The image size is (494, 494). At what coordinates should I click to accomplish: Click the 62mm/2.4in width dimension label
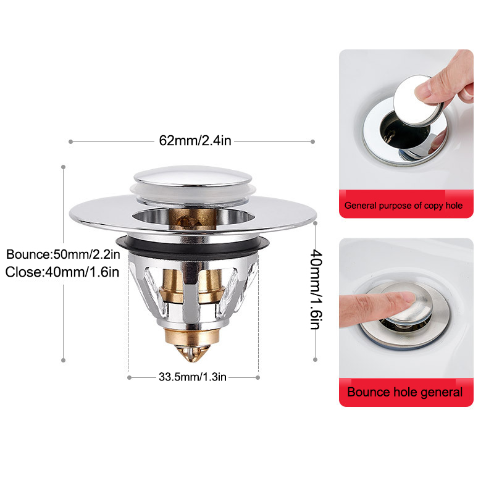click(195, 141)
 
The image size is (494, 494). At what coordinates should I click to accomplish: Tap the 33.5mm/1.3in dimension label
click(193, 377)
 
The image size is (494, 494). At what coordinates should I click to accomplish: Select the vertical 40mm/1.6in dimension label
click(316, 289)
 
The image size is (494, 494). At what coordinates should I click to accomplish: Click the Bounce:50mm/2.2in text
click(63, 254)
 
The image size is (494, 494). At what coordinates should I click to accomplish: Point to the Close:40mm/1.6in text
click(62, 272)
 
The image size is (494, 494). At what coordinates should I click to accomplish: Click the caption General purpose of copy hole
click(403, 206)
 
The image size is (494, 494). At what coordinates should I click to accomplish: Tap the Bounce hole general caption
click(404, 392)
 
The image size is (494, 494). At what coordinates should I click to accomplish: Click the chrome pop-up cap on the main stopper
click(193, 176)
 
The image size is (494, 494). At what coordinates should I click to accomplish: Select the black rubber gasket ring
click(193, 244)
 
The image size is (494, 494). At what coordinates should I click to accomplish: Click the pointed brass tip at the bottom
click(192, 353)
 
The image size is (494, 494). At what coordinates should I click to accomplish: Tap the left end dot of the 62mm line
click(70, 142)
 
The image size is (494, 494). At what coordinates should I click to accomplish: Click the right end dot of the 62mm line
click(312, 142)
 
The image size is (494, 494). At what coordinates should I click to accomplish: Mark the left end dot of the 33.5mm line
click(129, 377)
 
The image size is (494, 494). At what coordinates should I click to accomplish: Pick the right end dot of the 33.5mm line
click(257, 377)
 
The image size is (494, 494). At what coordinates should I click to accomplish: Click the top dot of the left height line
click(64, 167)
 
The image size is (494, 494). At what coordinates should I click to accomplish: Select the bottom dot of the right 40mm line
click(315, 360)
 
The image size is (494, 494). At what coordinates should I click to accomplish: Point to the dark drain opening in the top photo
click(398, 132)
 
